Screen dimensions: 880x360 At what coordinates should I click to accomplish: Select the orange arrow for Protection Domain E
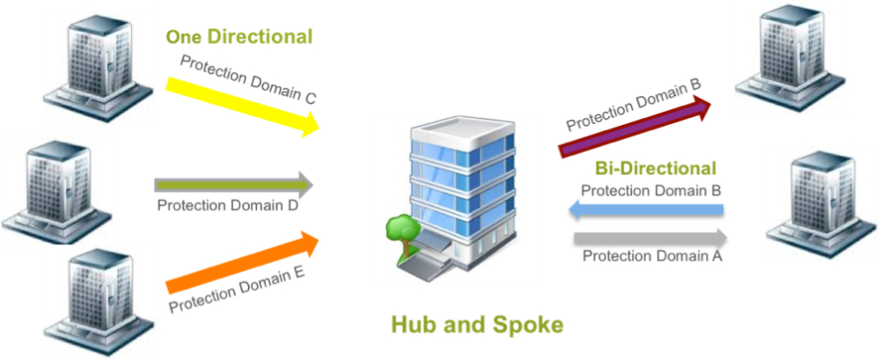click(243, 262)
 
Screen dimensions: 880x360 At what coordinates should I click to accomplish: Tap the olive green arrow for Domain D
click(234, 185)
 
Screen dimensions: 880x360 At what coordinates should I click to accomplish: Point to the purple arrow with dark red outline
click(635, 126)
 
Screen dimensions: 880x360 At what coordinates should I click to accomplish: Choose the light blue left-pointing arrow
click(646, 210)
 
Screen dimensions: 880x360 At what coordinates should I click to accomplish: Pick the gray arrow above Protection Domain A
click(650, 238)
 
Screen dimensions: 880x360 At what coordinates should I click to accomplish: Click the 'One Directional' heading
click(239, 37)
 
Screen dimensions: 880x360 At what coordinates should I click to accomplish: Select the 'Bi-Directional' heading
click(656, 168)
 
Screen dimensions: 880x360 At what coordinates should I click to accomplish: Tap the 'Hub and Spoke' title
click(476, 325)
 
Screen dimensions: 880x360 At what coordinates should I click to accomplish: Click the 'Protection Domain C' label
click(248, 79)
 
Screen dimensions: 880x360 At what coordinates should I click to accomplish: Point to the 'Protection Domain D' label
click(227, 205)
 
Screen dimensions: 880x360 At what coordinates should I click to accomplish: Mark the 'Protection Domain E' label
click(237, 290)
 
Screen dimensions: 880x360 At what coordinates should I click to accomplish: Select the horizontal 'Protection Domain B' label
click(651, 190)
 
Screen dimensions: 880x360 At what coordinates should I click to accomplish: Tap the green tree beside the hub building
click(402, 235)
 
